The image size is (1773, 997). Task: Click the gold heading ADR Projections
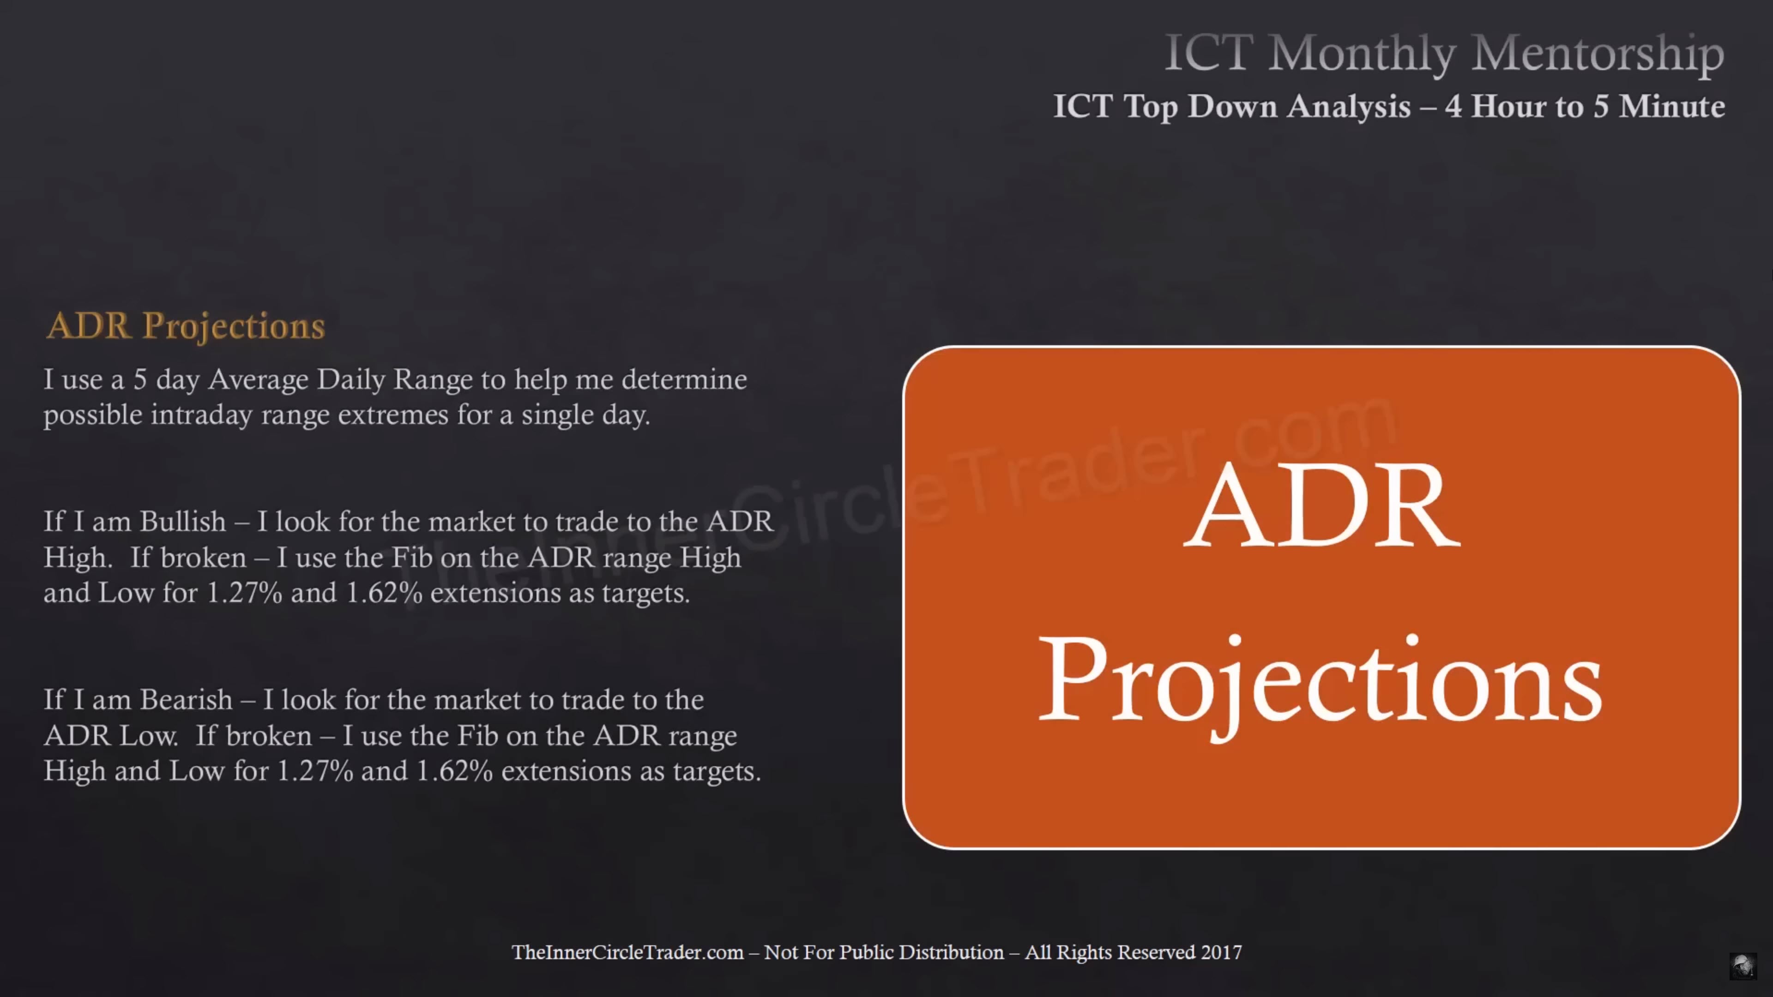(185, 327)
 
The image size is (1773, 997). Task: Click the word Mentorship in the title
(1598, 54)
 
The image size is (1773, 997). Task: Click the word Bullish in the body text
(183, 522)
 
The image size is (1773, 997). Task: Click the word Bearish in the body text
(187, 700)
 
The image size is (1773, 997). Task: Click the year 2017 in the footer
(1221, 952)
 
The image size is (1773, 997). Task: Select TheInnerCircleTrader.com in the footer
(627, 952)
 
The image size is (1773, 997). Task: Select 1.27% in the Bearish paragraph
(315, 771)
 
